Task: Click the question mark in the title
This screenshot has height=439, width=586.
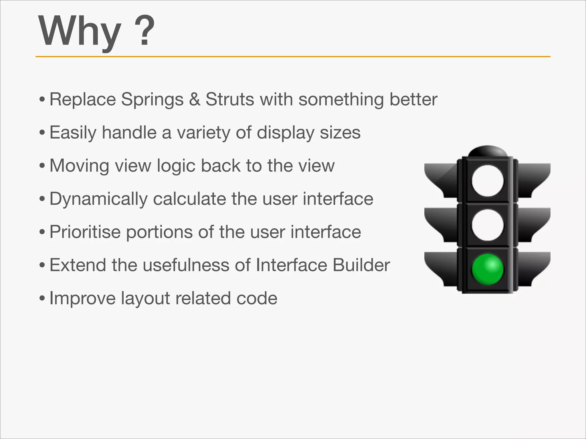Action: coord(144,31)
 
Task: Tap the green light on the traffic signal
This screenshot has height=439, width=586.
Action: coord(487,269)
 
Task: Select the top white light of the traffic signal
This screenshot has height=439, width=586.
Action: coord(487,181)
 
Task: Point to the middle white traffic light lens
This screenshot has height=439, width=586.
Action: coord(487,225)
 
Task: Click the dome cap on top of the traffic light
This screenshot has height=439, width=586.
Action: coord(487,151)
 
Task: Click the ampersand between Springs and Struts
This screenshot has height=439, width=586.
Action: coord(195,99)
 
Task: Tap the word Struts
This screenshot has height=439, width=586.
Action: coord(230,99)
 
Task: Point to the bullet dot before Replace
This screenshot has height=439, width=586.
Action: coord(42,100)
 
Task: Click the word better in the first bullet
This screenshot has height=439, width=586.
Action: coord(413,99)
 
